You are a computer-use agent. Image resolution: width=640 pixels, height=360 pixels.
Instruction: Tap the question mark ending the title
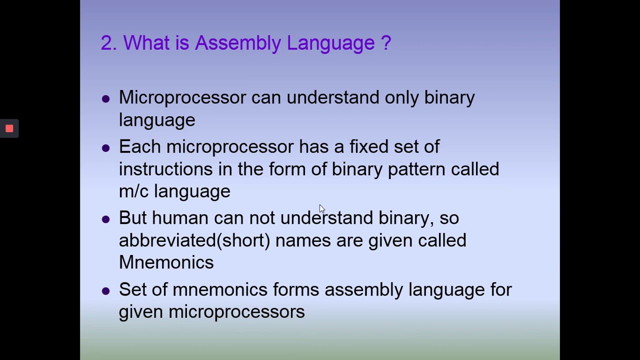385,43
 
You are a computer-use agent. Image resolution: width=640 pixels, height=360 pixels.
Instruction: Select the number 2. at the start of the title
108,43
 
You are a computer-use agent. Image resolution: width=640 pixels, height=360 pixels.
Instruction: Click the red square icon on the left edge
9,128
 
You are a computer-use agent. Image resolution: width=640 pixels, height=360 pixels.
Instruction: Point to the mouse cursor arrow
321,209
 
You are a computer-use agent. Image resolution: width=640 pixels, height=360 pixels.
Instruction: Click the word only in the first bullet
401,97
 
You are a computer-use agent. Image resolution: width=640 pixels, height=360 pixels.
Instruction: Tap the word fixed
368,147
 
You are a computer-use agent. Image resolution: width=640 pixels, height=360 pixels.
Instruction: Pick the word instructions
165,169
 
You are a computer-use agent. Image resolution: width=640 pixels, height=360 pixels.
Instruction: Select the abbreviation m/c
133,191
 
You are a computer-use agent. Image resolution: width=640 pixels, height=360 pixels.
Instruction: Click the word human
180,218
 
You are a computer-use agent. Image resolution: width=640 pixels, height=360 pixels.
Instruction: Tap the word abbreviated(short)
194,240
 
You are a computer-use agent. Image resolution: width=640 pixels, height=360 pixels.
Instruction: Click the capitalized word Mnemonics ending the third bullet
166,262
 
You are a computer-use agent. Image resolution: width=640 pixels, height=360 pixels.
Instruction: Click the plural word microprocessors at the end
236,312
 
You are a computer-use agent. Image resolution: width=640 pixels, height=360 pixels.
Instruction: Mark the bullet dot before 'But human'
105,219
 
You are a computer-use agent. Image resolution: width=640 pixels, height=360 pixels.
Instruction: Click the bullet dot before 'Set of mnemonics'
105,290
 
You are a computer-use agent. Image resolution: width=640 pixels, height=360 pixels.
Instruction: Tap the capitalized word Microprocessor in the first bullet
182,97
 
